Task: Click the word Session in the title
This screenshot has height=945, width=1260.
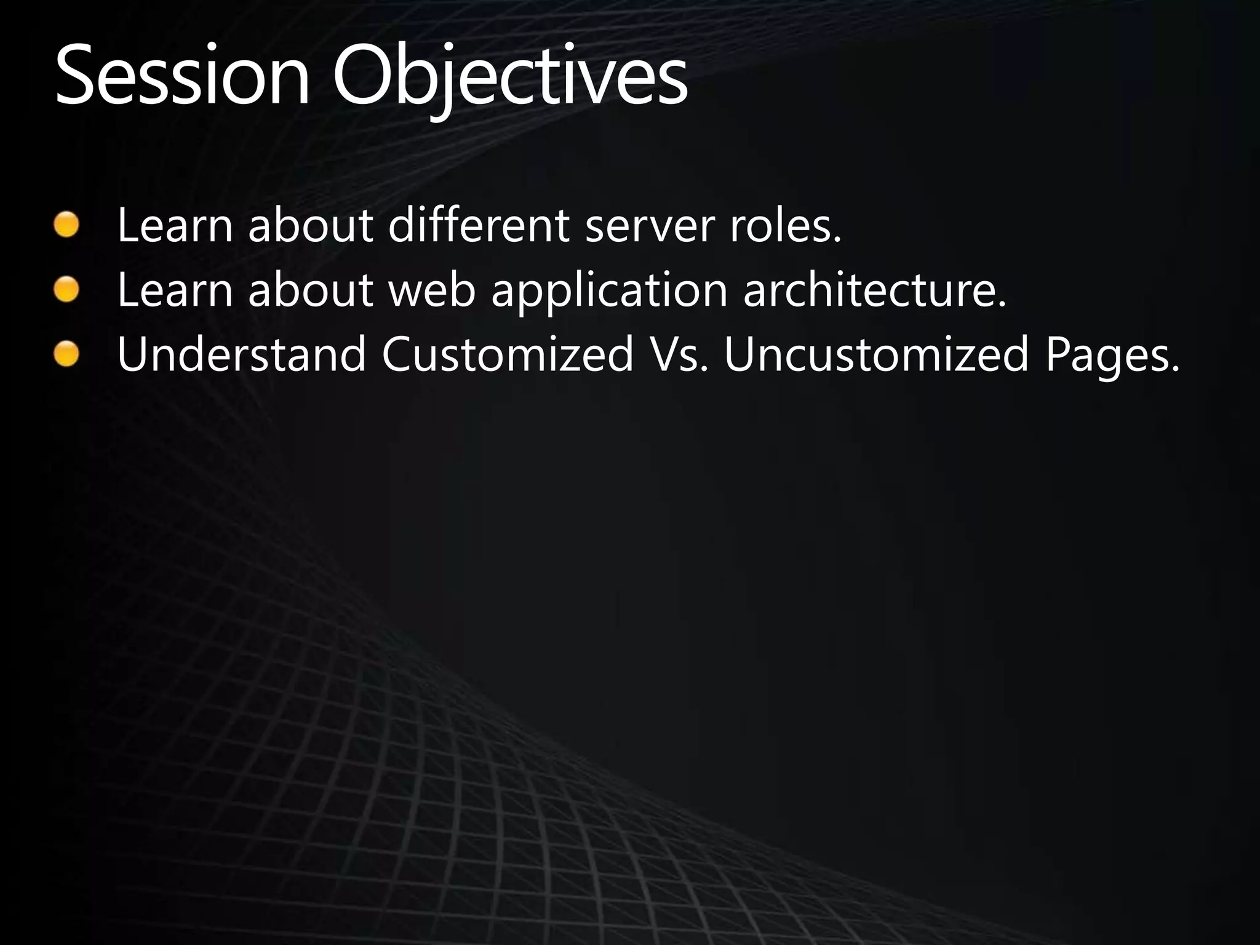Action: click(x=182, y=75)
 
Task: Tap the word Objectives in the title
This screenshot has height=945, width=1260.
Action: click(x=509, y=77)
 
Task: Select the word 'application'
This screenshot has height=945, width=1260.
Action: click(x=609, y=291)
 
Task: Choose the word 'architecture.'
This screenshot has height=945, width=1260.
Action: click(x=874, y=290)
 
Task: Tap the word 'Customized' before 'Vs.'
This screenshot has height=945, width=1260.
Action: click(x=508, y=355)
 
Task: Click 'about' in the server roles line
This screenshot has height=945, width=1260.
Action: click(x=311, y=225)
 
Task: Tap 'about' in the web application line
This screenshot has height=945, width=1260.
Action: click(x=311, y=290)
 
